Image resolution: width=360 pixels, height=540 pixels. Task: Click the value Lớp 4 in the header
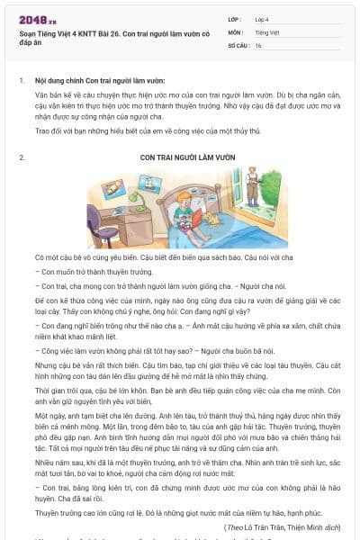(262, 18)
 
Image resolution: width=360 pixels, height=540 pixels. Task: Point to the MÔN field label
(236, 31)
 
